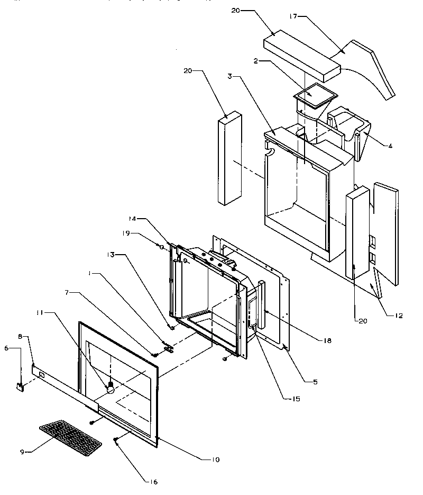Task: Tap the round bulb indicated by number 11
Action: point(111,389)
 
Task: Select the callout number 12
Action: point(398,316)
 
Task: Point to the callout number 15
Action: point(296,399)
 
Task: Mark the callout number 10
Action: point(216,460)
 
